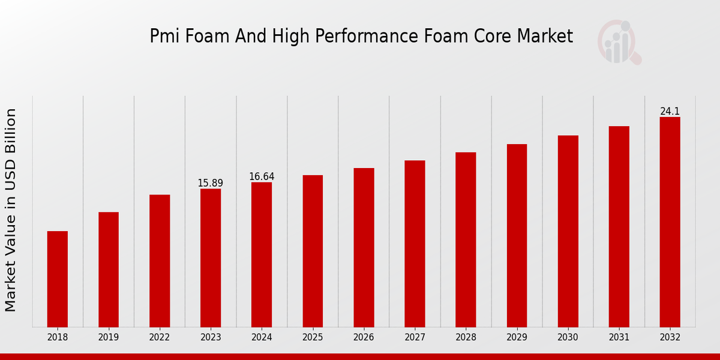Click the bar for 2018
(58, 279)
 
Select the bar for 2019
(109, 269)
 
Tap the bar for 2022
(160, 261)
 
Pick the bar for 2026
(364, 247)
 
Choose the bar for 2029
(517, 235)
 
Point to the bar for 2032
(670, 222)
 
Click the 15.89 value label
(211, 183)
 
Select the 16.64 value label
(262, 176)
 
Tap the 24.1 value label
(670, 112)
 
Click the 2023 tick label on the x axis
(211, 337)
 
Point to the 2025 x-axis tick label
(313, 337)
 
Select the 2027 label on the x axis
(415, 337)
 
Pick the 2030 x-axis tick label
(568, 337)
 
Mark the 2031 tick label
(619, 337)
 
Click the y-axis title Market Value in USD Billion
(11, 210)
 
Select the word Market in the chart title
(547, 37)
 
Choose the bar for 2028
(466, 239)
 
